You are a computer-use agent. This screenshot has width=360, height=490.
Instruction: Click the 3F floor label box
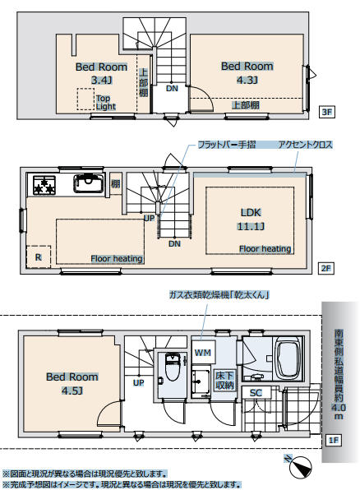coord(326,112)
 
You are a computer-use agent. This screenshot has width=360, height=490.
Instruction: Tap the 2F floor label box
coord(326,268)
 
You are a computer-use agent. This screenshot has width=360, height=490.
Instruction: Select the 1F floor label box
coord(334,441)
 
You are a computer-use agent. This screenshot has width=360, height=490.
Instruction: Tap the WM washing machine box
coord(203,352)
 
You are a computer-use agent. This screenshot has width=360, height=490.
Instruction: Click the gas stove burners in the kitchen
coord(44,185)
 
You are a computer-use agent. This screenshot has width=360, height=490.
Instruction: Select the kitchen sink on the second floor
coord(89,183)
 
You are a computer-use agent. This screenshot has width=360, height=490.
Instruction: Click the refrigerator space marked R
coord(38,257)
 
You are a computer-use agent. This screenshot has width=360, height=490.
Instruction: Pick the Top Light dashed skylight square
coord(85,99)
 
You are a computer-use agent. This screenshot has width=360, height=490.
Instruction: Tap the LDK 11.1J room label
coord(251,220)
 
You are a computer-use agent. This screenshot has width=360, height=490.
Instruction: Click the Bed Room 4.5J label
coord(72,383)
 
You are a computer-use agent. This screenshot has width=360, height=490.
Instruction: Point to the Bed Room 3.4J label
coord(102,73)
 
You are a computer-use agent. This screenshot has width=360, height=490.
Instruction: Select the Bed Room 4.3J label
coord(247,72)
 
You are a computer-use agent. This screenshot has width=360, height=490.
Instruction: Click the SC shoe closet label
coord(256,393)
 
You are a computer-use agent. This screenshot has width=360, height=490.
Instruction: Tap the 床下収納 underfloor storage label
coord(224,381)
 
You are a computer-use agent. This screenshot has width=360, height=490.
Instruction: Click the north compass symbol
coord(299,466)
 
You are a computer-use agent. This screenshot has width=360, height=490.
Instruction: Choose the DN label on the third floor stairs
coord(172,89)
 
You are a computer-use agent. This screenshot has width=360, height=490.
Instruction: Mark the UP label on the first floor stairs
coord(138,382)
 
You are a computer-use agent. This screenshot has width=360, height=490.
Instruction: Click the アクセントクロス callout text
coord(305,145)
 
